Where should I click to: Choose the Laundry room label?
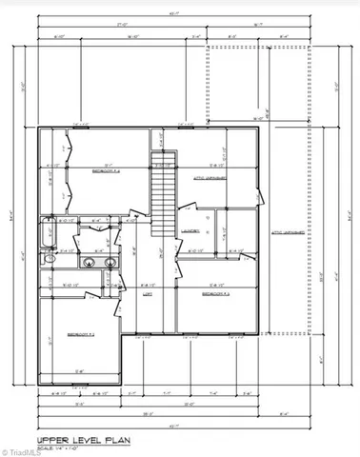(189, 229)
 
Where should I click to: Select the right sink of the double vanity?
(110, 263)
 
